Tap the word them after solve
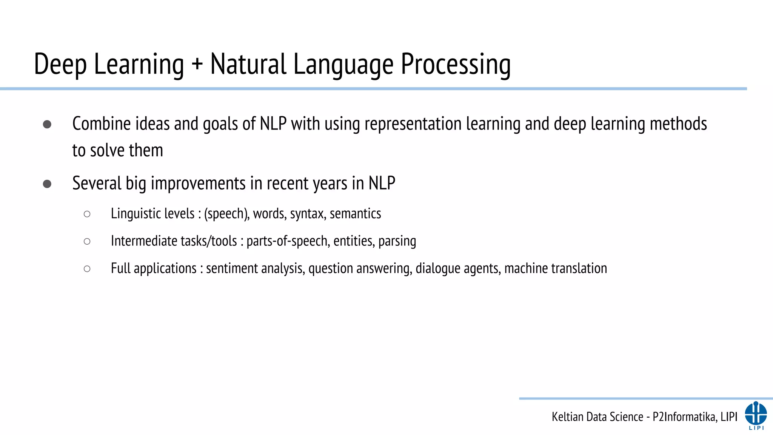[146, 151]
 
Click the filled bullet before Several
[47, 184]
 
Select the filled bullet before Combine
[47, 124]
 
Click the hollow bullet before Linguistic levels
[87, 214]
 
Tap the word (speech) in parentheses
[226, 214]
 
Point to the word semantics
[355, 214]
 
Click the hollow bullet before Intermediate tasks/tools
[87, 241]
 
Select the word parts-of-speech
[288, 241]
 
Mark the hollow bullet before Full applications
[87, 269]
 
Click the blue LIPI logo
[756, 415]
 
